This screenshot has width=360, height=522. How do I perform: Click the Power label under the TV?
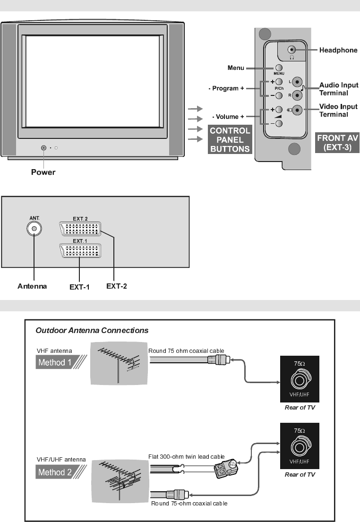click(x=43, y=172)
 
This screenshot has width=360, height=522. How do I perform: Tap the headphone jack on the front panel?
click(x=292, y=49)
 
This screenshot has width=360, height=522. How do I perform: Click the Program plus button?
click(x=279, y=82)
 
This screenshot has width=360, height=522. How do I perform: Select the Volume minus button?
click(x=279, y=124)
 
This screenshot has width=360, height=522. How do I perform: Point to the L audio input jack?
click(x=296, y=81)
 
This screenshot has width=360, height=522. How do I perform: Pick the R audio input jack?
click(x=296, y=95)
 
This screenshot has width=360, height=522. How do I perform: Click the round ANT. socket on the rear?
click(x=34, y=228)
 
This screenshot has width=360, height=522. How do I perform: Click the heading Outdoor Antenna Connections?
click(x=92, y=330)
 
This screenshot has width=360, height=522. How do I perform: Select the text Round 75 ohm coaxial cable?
click(x=187, y=351)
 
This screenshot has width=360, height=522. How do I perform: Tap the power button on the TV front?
click(x=44, y=147)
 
